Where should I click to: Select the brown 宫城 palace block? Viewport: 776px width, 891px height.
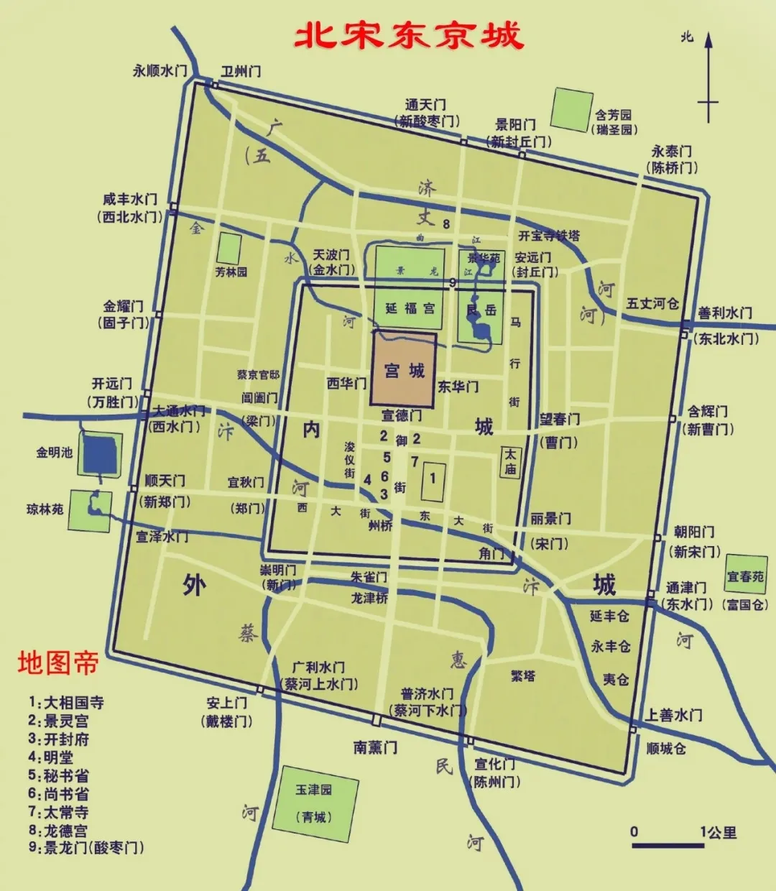404,369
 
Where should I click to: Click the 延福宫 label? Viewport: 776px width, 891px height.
410,308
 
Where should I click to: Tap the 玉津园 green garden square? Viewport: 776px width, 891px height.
315,803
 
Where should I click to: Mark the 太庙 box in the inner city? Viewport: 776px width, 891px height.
510,461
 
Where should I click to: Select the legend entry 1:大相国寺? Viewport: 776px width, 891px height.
66,702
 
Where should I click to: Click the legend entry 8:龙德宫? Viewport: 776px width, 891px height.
58,831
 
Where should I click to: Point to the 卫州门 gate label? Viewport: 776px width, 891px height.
241,71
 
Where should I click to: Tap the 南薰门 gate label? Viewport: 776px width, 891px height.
375,747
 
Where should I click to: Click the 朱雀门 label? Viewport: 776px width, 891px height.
369,577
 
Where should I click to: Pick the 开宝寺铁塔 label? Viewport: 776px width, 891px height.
549,236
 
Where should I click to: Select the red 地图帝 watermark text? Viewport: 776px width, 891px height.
57,663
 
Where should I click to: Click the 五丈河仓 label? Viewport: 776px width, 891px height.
652,303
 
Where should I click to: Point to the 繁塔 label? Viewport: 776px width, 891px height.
523,675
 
